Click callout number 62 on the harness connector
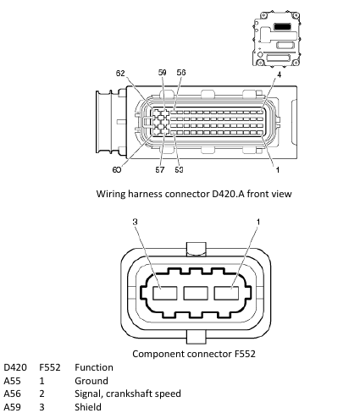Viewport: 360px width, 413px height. pyautogui.click(x=120, y=73)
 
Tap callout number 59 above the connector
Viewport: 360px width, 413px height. pyautogui.click(x=162, y=73)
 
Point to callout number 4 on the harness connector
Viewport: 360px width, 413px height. pyautogui.click(x=279, y=74)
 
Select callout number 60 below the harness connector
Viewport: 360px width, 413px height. pyautogui.click(x=117, y=169)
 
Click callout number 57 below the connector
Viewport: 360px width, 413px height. pyautogui.click(x=160, y=169)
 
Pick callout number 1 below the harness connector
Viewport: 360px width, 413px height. pyautogui.click(x=278, y=169)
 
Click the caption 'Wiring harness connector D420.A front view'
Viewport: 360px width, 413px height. pyautogui.click(x=194, y=194)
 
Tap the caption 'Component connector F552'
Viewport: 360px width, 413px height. pyautogui.click(x=194, y=354)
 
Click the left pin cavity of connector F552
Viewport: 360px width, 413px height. pyautogui.click(x=165, y=293)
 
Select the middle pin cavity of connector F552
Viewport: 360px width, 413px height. pyautogui.click(x=196, y=293)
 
